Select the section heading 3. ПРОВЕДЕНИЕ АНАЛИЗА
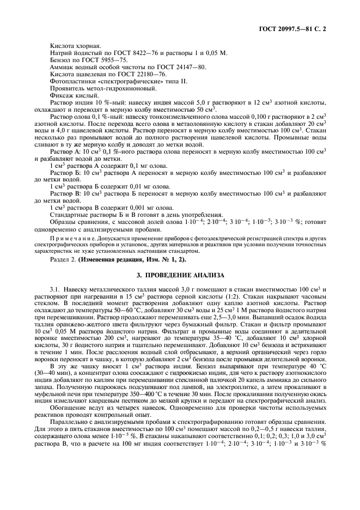pyautogui.click(x=180, y=276)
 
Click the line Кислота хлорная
pyautogui.click(x=71, y=45)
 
